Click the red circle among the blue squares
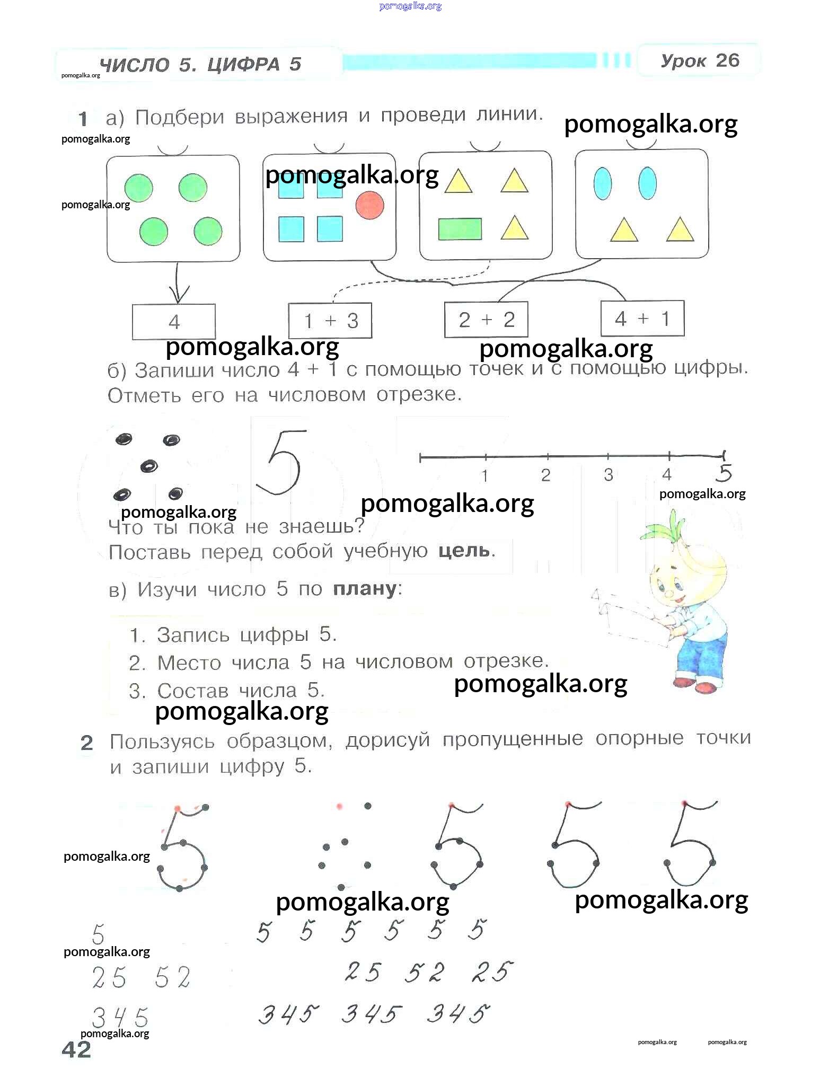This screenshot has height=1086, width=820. tap(369, 205)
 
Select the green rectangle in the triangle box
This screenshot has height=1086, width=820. tap(460, 229)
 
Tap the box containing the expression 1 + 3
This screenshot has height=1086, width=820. tap(330, 320)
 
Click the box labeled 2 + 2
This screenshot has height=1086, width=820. tap(486, 319)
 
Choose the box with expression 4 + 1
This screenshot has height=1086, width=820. tap(642, 318)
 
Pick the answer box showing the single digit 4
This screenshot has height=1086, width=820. tap(174, 321)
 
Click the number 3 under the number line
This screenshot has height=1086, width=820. tap(608, 474)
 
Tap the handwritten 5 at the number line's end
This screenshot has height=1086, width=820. tap(724, 473)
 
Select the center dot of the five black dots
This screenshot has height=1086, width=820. tap(149, 466)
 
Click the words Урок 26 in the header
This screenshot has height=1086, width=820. tap(700, 61)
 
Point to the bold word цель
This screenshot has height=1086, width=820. tap(464, 551)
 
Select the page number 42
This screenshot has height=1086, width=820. tap(76, 1049)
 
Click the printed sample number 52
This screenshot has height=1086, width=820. tap(173, 977)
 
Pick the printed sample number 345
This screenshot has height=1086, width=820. tap(120, 1018)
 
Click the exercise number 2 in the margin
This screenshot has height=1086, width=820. tap(86, 743)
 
